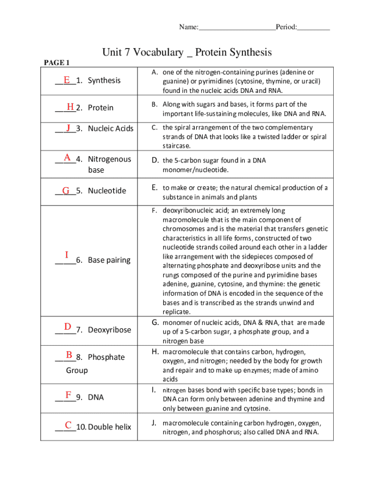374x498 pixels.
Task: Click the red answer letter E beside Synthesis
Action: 66,79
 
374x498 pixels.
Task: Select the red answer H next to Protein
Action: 70,107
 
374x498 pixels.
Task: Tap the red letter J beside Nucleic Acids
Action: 69,127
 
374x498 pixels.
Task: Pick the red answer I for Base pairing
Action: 66,255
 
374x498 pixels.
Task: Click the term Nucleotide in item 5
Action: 107,191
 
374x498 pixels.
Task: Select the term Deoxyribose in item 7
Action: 109,330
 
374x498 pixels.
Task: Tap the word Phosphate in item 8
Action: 106,357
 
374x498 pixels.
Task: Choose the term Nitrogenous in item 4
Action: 109,159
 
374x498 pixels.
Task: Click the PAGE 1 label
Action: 57,63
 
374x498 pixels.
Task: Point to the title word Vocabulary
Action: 160,53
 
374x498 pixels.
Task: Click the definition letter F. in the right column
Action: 154,211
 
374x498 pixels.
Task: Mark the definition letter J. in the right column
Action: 154,423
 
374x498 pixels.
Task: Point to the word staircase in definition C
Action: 176,146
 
